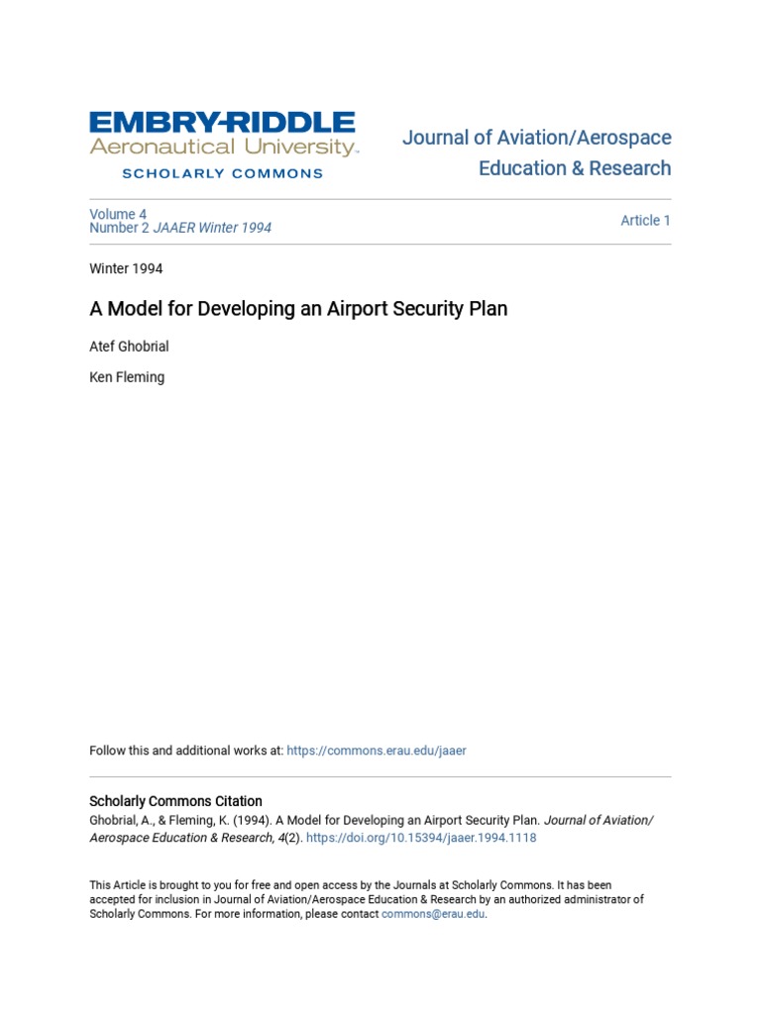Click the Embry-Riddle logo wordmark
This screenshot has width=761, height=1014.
222,124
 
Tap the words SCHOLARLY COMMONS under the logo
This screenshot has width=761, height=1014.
222,173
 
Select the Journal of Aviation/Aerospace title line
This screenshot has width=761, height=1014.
536,138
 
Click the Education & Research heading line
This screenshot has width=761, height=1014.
575,168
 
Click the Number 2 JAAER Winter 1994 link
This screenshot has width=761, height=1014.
180,228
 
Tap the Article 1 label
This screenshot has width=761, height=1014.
645,221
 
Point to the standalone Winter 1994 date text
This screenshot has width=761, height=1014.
126,268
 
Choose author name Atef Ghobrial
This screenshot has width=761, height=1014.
129,347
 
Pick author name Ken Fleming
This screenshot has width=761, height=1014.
127,377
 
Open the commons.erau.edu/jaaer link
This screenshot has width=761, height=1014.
377,751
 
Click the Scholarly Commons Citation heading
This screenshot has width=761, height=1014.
175,801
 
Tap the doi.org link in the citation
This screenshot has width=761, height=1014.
421,838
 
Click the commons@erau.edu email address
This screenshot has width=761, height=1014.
433,914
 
